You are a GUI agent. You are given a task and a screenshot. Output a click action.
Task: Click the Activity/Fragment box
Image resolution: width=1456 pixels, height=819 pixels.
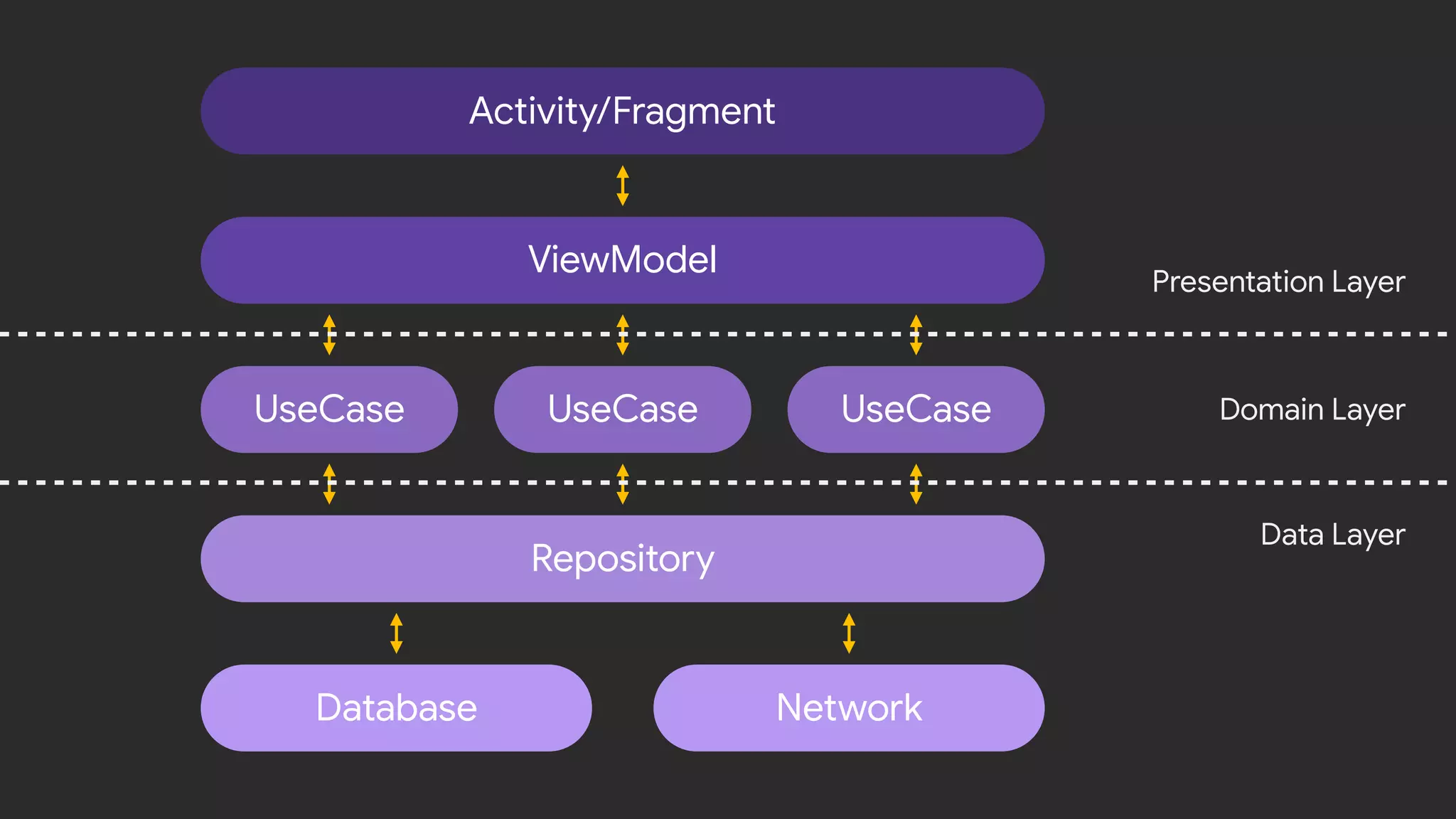pyautogui.click(x=622, y=112)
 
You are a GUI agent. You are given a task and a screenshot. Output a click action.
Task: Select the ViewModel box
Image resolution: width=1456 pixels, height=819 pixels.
pyautogui.click(x=622, y=260)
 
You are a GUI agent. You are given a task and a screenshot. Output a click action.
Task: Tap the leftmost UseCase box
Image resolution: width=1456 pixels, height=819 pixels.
pyautogui.click(x=329, y=409)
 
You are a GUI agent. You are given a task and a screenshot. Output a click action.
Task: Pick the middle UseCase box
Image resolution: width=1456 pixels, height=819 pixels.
pyautogui.click(x=622, y=409)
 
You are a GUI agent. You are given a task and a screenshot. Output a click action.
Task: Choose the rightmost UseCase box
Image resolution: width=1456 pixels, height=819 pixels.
pyautogui.click(x=916, y=409)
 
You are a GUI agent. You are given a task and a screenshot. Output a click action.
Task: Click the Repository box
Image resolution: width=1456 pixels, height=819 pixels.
pyautogui.click(x=622, y=559)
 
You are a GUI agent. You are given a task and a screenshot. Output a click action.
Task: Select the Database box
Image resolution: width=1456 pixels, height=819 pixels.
pyautogui.click(x=396, y=708)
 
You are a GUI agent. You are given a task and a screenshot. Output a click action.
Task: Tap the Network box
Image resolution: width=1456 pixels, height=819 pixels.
pyautogui.click(x=849, y=708)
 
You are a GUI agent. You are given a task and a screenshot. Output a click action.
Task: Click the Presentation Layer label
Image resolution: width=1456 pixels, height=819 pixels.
pyautogui.click(x=1278, y=282)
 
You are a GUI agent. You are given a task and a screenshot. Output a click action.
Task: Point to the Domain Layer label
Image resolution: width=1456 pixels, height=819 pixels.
pyautogui.click(x=1312, y=410)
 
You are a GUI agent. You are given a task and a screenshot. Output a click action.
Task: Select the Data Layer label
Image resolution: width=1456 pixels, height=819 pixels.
pyautogui.click(x=1332, y=535)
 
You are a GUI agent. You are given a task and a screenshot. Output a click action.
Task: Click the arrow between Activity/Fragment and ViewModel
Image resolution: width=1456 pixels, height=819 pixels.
pyautogui.click(x=623, y=186)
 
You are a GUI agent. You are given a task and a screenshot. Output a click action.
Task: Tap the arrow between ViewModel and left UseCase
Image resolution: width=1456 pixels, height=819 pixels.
pyautogui.click(x=329, y=335)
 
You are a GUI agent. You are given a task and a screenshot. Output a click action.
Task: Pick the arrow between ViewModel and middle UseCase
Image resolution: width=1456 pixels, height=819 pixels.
pyautogui.click(x=623, y=335)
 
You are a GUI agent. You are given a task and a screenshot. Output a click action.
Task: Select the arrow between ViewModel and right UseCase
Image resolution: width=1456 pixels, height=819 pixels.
pyautogui.click(x=916, y=335)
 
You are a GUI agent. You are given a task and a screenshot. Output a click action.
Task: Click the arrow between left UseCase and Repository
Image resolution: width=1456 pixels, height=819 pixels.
pyautogui.click(x=329, y=484)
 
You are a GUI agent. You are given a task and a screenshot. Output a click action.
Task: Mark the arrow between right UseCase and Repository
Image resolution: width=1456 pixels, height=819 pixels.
pyautogui.click(x=916, y=484)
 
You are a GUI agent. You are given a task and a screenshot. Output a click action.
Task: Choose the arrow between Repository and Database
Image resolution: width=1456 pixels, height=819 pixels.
pyautogui.click(x=396, y=633)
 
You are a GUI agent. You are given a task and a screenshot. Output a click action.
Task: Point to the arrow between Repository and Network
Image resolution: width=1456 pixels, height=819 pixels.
pyautogui.click(x=849, y=633)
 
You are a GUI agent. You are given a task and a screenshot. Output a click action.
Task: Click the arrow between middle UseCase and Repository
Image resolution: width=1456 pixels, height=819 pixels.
pyautogui.click(x=623, y=484)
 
